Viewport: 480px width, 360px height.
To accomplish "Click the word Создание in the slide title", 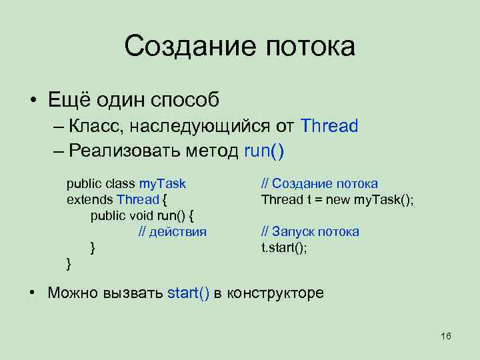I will coord(189,47).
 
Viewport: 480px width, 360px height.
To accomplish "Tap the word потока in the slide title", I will coord(309,47).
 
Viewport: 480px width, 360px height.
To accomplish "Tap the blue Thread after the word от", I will coord(329,125).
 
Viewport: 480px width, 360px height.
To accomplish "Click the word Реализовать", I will coord(123,151).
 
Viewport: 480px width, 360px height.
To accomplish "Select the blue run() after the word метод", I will coord(264,151).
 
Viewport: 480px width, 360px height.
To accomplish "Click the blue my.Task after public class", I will coord(162,183).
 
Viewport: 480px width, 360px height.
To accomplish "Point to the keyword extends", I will coord(90,199).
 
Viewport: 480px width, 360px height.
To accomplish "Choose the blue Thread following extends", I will coord(138,199).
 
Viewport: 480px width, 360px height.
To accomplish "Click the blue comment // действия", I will coord(172,231).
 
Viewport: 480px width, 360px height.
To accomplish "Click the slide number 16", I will coord(446,335).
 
